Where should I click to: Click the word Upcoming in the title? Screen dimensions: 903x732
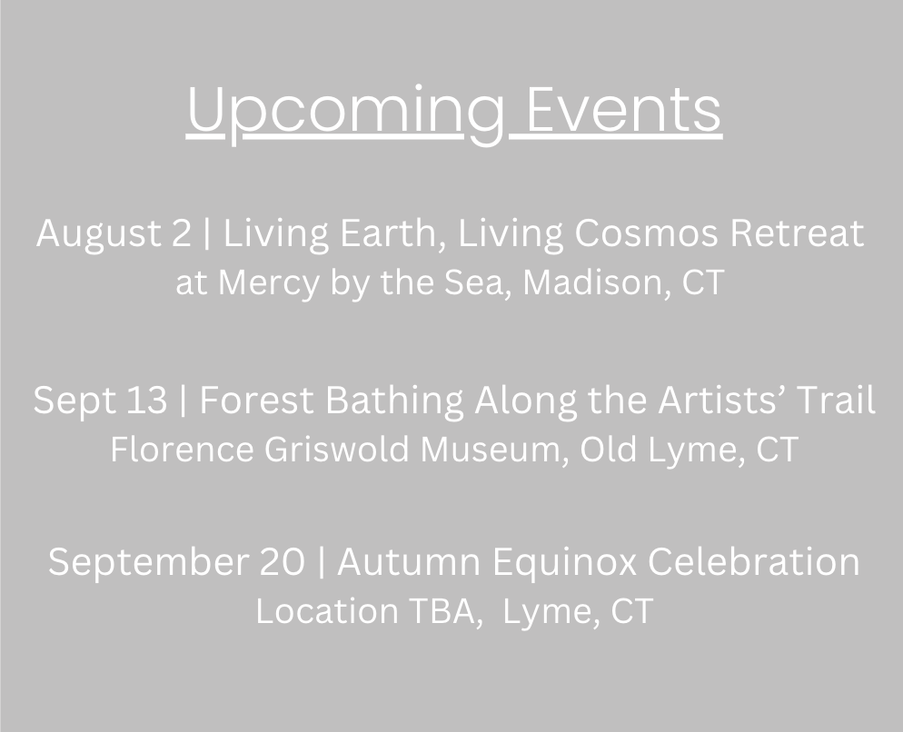click(345, 113)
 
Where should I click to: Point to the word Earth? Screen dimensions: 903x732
click(392, 232)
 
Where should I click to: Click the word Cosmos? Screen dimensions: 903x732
click(646, 233)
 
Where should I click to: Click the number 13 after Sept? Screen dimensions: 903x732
click(146, 400)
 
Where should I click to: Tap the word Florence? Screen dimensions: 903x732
click(182, 449)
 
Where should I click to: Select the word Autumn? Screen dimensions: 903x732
click(408, 561)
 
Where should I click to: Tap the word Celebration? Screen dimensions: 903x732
click(754, 561)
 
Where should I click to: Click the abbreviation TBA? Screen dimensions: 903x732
click(442, 611)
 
